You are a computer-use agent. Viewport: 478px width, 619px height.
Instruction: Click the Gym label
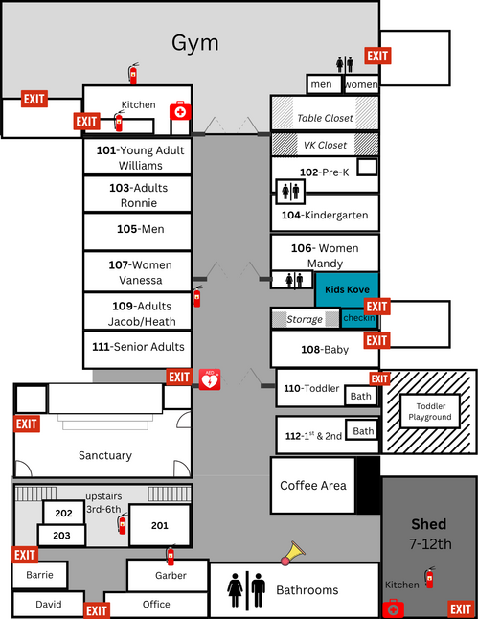click(195, 43)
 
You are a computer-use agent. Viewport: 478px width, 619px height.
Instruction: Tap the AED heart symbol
click(210, 379)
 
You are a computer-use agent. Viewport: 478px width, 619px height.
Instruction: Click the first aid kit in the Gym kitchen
click(180, 111)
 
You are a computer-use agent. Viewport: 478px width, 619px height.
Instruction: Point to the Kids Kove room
click(347, 289)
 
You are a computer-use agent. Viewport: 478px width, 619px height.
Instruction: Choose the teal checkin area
click(359, 318)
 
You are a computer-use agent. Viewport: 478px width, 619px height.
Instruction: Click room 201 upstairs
click(159, 525)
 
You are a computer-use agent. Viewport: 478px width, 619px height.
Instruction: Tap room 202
click(63, 513)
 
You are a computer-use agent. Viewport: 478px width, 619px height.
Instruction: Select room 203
click(61, 536)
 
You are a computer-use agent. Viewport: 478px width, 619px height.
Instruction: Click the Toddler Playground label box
click(430, 411)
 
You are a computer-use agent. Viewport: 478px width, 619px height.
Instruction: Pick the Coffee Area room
click(313, 485)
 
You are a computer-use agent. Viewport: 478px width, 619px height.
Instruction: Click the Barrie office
click(39, 575)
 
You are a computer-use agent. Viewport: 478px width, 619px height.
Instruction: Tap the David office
click(49, 604)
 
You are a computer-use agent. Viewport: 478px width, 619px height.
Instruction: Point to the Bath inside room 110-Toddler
click(361, 396)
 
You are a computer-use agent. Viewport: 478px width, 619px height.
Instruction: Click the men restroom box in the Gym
click(324, 84)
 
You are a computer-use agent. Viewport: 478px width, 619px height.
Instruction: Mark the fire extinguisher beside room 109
click(197, 296)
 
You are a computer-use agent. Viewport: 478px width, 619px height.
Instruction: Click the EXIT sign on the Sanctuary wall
click(27, 424)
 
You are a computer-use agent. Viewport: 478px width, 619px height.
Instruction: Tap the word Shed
click(428, 524)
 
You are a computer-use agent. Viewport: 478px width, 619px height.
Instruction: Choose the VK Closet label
click(325, 146)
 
